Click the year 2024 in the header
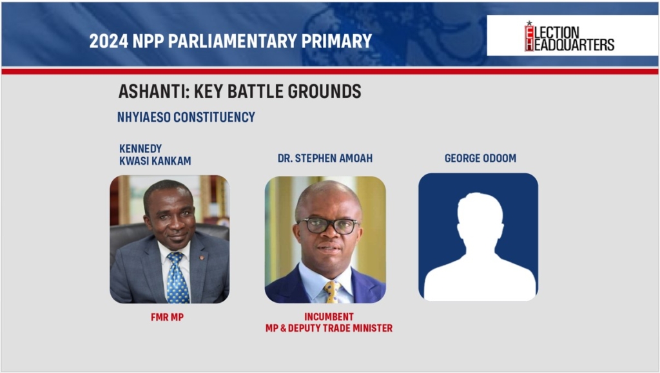(x=108, y=41)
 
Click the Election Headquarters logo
(x=569, y=37)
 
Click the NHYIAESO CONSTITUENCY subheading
(x=186, y=117)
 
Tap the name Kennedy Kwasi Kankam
(x=155, y=155)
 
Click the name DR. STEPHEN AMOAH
(x=325, y=158)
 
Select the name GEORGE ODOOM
(x=480, y=158)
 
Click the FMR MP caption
(x=167, y=318)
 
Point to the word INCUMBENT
(x=329, y=317)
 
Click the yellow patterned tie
(x=332, y=292)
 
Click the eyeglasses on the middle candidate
(x=328, y=226)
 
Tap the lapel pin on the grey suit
(x=202, y=257)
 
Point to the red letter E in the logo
(x=529, y=32)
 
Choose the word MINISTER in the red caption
(x=373, y=328)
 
